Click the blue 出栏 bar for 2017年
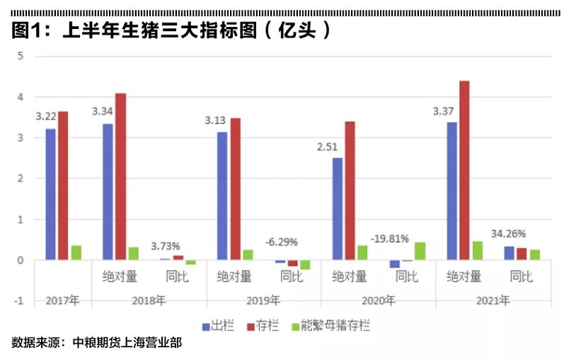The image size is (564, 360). [x=50, y=194]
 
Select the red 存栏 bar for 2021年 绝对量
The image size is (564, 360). [x=464, y=170]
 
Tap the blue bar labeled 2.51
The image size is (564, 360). [x=337, y=209]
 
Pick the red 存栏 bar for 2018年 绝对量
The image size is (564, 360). [x=120, y=177]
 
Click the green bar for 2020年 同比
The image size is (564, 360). [x=420, y=251]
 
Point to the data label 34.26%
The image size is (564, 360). [x=508, y=233]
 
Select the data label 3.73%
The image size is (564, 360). [x=165, y=245]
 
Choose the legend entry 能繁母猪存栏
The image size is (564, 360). [x=333, y=326]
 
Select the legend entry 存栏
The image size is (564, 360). [x=262, y=326]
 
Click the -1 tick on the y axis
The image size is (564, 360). [x=19, y=301]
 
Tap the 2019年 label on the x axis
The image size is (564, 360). [x=263, y=301]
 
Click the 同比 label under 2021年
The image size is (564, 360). [x=521, y=277]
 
